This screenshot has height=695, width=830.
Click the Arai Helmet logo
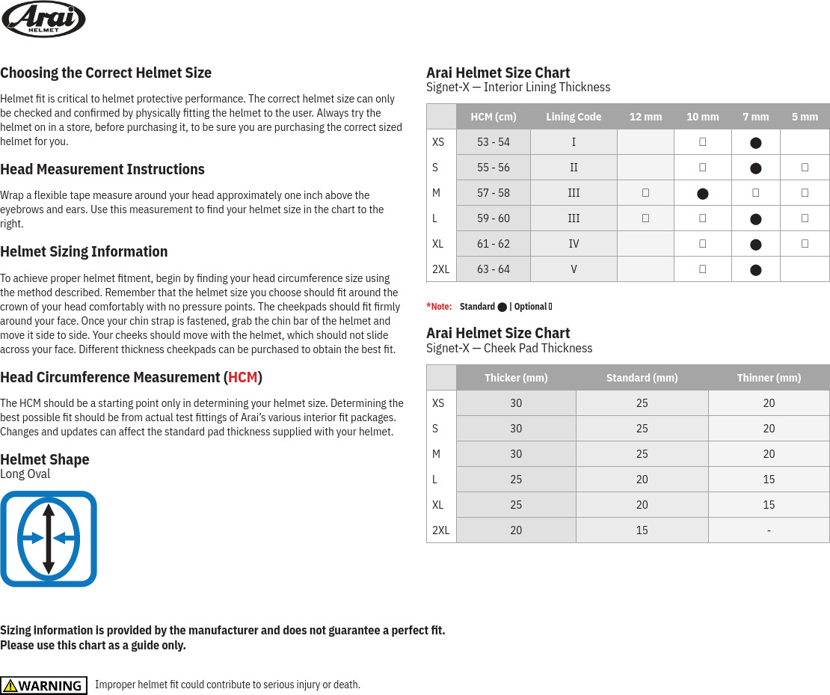[x=43, y=19]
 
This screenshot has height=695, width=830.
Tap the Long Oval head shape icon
[x=49, y=539]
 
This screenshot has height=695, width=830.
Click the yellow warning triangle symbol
[x=10, y=685]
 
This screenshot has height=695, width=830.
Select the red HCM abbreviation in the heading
[x=242, y=377]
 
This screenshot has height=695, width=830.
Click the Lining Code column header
[x=574, y=117]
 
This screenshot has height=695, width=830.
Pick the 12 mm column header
[x=645, y=117]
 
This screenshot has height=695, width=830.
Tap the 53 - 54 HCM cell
[x=494, y=142]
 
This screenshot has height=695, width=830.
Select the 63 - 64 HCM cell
[x=494, y=269]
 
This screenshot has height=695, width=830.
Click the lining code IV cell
[x=574, y=244]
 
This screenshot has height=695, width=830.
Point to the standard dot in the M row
[x=702, y=194]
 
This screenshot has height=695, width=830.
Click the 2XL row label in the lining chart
[x=441, y=269]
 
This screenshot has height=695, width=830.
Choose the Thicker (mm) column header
[x=516, y=378]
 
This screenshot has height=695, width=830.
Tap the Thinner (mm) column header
[x=769, y=378]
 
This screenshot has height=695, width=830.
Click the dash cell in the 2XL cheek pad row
[x=769, y=530]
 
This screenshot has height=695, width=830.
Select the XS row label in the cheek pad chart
[x=438, y=403]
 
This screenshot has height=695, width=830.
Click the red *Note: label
[x=439, y=307]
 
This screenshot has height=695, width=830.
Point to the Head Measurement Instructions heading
[x=102, y=169]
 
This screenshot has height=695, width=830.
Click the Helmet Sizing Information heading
[x=84, y=251]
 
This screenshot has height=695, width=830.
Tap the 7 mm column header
[x=755, y=117]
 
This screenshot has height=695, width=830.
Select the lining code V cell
[x=574, y=269]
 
